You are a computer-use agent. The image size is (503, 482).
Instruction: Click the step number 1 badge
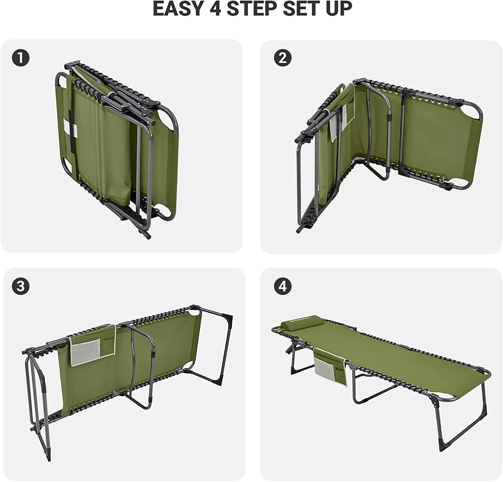point(21,58)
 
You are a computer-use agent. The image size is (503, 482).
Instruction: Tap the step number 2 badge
point(283,58)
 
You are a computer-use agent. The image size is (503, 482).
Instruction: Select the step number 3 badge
point(21,286)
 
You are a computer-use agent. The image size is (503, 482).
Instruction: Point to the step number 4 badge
point(283,286)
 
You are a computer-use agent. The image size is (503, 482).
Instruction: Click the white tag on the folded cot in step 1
point(70,127)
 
